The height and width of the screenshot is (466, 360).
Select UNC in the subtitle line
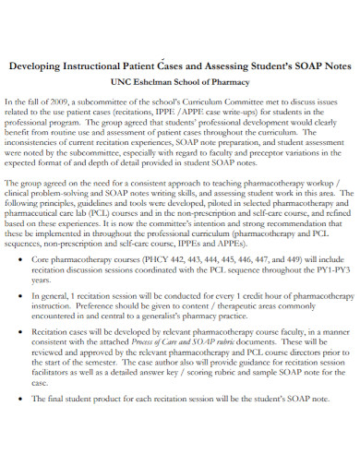click(117, 82)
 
